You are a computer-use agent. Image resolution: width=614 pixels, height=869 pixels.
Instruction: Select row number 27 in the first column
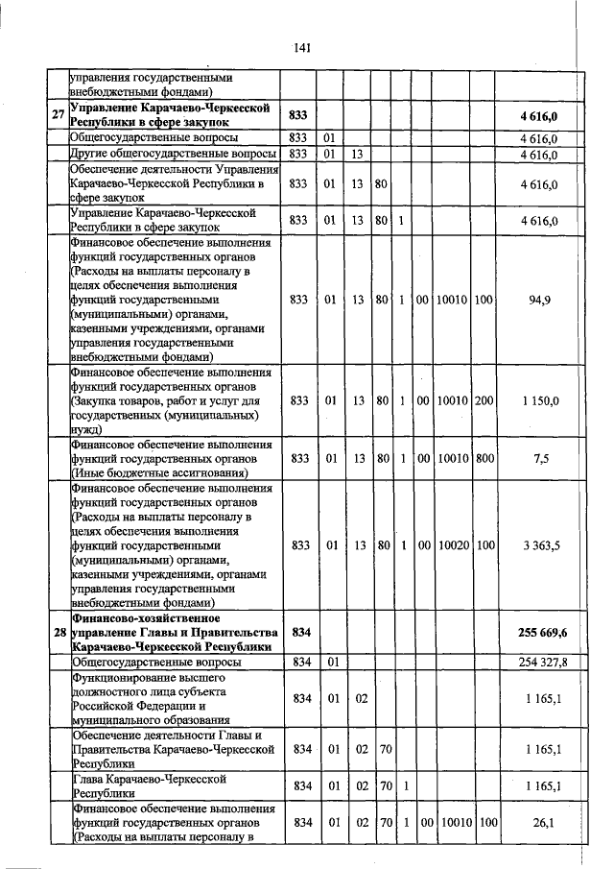click(x=58, y=116)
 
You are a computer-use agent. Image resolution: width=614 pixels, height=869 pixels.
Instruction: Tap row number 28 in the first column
click(x=58, y=633)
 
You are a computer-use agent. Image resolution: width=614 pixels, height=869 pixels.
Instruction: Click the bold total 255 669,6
click(x=543, y=633)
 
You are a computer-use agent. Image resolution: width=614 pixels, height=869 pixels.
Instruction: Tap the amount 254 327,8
click(x=543, y=663)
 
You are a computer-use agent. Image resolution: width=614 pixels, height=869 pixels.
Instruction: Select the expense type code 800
click(x=484, y=459)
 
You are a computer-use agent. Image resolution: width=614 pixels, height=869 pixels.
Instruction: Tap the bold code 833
click(x=298, y=116)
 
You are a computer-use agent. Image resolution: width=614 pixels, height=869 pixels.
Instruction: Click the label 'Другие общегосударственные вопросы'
click(x=173, y=154)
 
